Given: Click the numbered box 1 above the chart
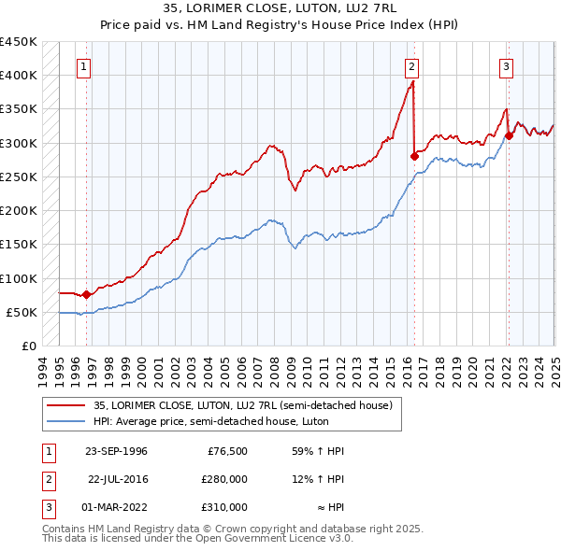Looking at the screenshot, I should [x=85, y=66].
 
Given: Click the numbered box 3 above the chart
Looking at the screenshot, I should [x=506, y=66].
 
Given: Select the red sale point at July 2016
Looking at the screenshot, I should [x=414, y=157].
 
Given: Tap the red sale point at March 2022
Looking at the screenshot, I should [x=509, y=135].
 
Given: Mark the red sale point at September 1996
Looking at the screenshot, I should [x=87, y=294].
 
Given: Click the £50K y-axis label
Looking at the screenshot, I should [x=22, y=312].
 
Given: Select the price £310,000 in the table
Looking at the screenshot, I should [x=224, y=507].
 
